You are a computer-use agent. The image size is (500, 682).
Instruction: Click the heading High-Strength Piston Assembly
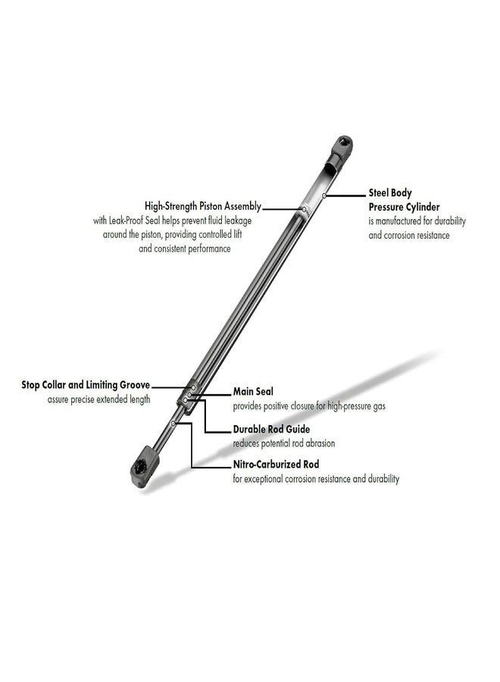tap(203, 205)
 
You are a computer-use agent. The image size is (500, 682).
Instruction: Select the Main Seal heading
tap(253, 392)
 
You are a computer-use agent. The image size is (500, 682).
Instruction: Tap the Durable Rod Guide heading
tap(271, 430)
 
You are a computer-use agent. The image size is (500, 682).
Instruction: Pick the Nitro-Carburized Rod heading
tap(276, 464)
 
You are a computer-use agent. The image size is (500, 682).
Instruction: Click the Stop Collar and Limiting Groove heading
tap(86, 385)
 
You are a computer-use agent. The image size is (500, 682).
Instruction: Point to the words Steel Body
tap(390, 192)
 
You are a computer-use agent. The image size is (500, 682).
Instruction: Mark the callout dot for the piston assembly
tap(305, 209)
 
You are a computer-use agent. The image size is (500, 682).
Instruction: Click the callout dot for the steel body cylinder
tap(324, 196)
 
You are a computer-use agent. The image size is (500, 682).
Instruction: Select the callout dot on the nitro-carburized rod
tap(173, 423)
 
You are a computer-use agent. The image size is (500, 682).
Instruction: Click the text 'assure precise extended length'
tap(98, 399)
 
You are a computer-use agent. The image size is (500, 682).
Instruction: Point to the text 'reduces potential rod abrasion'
tap(284, 443)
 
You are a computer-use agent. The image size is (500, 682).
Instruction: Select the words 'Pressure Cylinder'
tap(404, 207)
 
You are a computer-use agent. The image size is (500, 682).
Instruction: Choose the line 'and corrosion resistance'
tap(409, 236)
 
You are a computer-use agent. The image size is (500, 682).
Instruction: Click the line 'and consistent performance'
tap(185, 249)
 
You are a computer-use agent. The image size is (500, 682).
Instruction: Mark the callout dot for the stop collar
tap(193, 387)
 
